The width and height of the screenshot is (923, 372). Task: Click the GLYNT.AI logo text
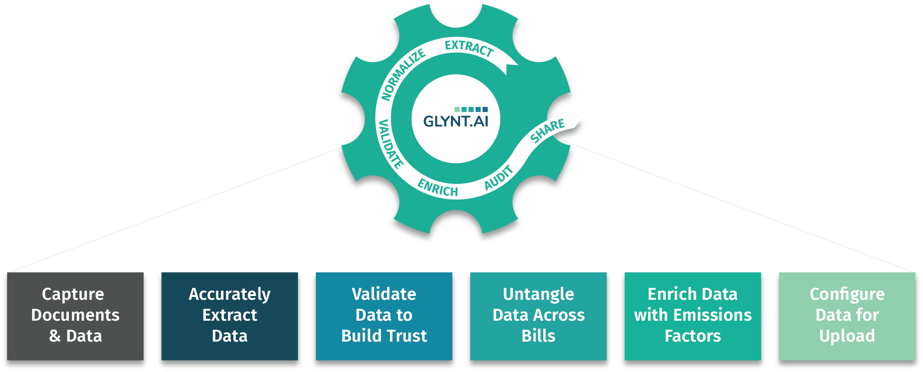(455, 122)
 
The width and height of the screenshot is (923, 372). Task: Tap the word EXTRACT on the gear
(469, 48)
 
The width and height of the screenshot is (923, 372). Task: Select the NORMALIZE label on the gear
(403, 75)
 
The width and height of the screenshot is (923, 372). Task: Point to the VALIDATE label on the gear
(390, 144)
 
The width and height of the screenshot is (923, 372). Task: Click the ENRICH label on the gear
(438, 188)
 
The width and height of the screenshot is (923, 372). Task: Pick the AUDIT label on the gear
(498, 177)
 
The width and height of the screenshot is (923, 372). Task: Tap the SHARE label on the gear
(547, 131)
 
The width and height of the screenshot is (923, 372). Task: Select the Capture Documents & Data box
(75, 315)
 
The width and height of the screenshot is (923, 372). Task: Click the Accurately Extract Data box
(230, 315)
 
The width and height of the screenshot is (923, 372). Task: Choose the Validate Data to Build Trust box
(384, 315)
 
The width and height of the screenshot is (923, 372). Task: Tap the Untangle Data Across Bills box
(538, 315)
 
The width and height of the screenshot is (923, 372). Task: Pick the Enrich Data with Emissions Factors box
(692, 315)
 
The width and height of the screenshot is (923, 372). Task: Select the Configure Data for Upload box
(847, 315)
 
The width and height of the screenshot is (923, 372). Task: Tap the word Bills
(538, 336)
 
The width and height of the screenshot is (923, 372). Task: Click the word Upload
(847, 336)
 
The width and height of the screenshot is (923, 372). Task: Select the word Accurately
(230, 295)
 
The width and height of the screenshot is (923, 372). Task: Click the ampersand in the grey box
(55, 336)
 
